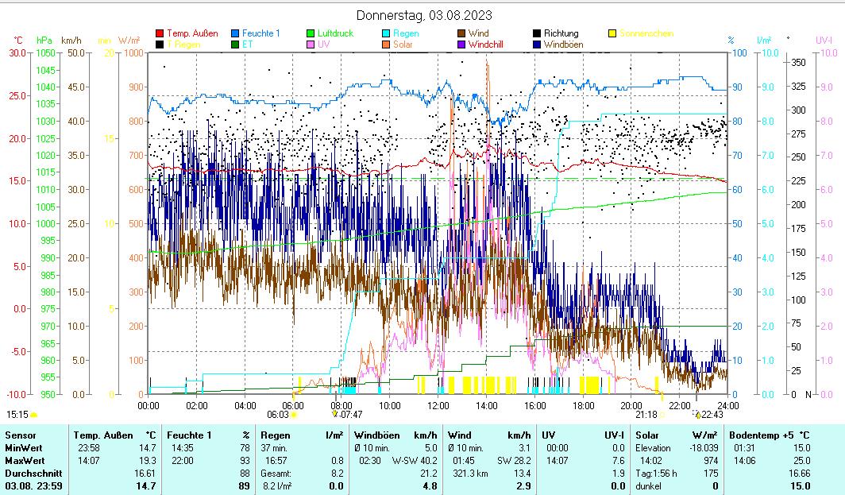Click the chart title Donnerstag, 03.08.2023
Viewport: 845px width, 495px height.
coord(424,15)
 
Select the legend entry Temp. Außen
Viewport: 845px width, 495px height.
coord(191,33)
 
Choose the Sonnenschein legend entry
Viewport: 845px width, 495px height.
coord(646,33)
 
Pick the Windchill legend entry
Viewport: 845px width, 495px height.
coord(496,44)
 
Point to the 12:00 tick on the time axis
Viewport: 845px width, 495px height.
coord(438,405)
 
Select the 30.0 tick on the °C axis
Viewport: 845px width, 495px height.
coord(17,52)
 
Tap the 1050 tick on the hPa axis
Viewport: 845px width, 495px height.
coord(44,52)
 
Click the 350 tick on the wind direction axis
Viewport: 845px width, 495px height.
coord(799,62)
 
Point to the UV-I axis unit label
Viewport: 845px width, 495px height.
coord(824,40)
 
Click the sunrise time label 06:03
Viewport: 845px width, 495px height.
coord(277,414)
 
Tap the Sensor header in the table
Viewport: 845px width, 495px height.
coord(21,435)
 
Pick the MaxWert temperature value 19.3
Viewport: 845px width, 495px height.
coord(145,461)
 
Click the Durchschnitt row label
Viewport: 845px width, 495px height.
coord(32,474)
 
